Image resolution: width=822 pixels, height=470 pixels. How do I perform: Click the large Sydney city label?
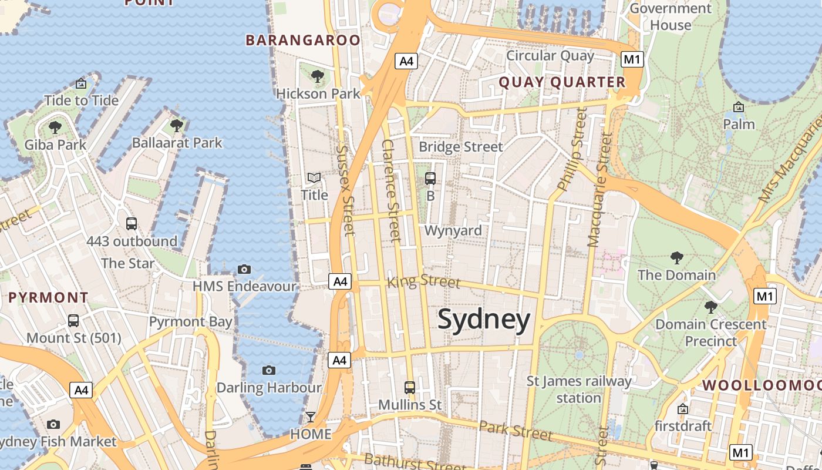click(484, 321)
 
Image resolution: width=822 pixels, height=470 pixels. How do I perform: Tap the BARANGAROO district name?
click(303, 40)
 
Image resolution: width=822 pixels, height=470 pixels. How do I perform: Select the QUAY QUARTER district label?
click(562, 82)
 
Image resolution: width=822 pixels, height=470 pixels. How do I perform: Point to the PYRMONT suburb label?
click(48, 298)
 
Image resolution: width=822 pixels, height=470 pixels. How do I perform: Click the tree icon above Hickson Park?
click(317, 76)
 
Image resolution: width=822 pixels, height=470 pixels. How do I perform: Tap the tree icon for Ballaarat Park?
click(176, 125)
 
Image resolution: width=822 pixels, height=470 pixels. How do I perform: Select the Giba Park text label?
click(55, 145)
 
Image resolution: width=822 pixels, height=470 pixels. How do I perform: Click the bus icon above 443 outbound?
click(132, 223)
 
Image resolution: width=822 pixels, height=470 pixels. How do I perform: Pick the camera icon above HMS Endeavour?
click(244, 269)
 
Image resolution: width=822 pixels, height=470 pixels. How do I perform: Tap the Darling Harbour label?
click(269, 388)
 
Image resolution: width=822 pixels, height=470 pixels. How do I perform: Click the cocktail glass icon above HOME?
click(310, 417)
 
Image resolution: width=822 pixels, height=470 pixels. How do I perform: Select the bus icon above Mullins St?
click(410, 387)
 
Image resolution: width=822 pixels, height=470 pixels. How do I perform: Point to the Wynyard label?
click(453, 230)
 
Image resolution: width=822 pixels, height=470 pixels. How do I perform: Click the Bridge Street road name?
click(461, 146)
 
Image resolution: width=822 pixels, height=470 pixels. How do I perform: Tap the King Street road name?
click(424, 281)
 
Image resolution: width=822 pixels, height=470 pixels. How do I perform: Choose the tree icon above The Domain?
click(676, 257)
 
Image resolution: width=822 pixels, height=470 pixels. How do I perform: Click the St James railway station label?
click(579, 390)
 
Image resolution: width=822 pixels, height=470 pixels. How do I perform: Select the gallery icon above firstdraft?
click(683, 408)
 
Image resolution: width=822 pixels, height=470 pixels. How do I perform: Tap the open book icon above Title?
click(314, 177)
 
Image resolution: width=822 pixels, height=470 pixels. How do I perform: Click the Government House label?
click(671, 16)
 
